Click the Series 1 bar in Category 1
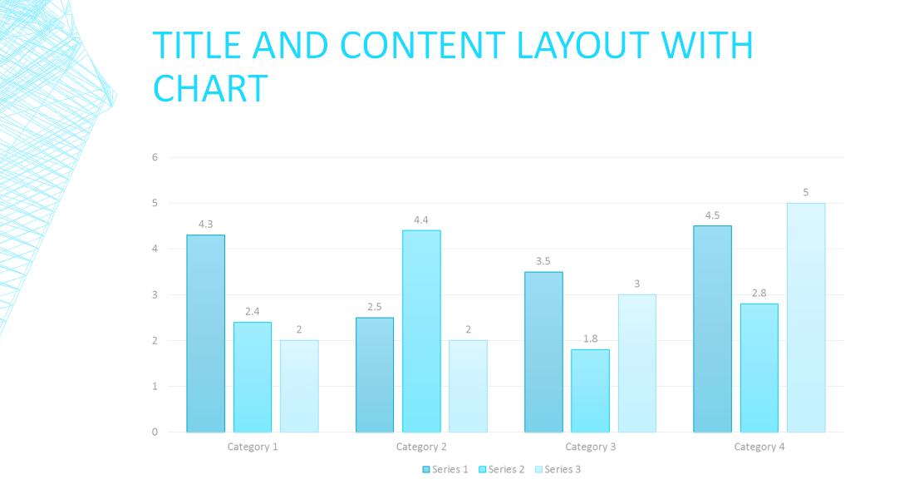205,333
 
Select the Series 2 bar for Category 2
421,331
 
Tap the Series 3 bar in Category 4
806,317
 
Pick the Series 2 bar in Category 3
590,390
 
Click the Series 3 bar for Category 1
299,386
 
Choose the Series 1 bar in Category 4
712,329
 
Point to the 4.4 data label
421,220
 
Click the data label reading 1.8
590,339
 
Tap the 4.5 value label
712,215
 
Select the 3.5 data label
543,261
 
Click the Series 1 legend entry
446,469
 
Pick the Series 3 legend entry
558,469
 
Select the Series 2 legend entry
502,469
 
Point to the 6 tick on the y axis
155,157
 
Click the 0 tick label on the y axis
155,432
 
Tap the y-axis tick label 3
155,294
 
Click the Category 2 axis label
421,447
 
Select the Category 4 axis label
759,447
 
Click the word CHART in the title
211,88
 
